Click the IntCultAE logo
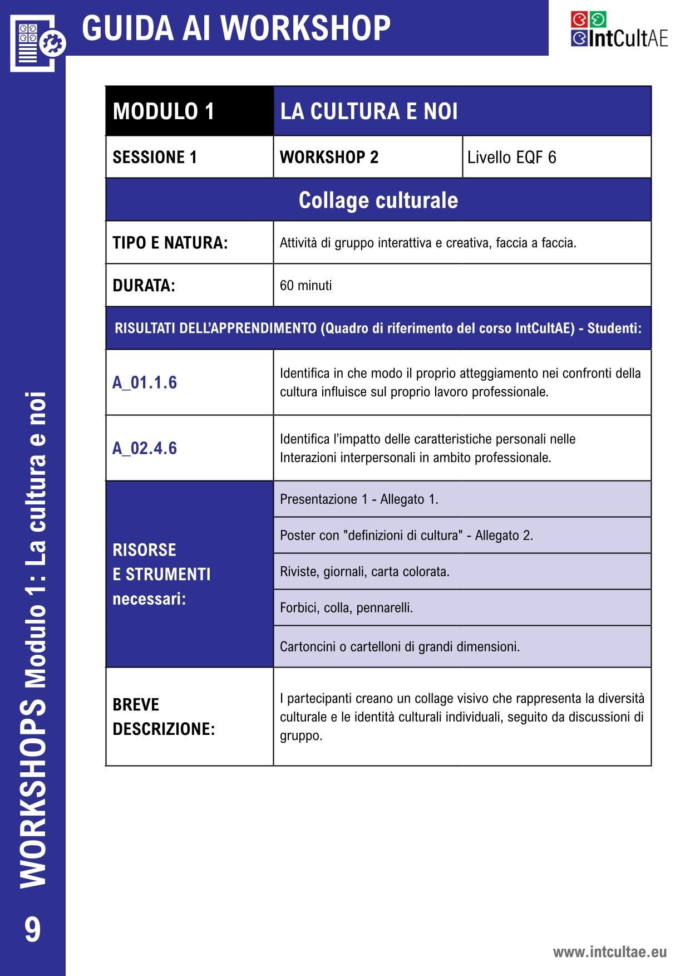[x=619, y=30]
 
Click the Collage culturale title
[x=378, y=200]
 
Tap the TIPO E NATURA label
[x=170, y=243]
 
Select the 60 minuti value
[x=305, y=286]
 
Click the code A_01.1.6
[x=145, y=382]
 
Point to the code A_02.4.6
[x=145, y=448]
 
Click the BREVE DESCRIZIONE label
[x=164, y=717]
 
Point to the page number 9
[x=32, y=929]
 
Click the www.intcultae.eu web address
[x=609, y=952]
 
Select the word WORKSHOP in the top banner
[x=308, y=28]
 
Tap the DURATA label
[x=144, y=286]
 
